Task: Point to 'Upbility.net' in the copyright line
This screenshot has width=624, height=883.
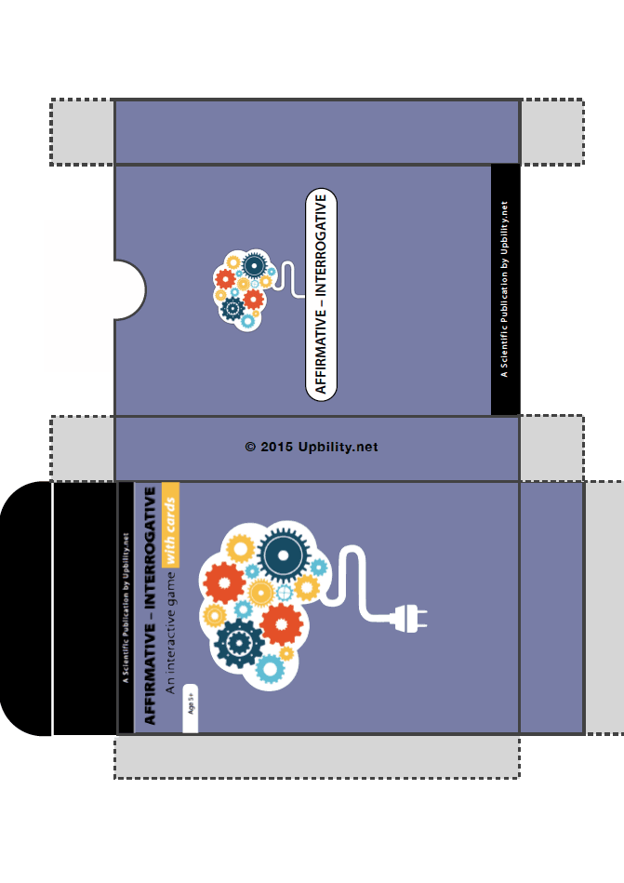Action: (x=338, y=448)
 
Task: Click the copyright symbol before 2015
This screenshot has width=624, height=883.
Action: (x=250, y=448)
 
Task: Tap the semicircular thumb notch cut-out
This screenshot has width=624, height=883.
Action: (x=128, y=290)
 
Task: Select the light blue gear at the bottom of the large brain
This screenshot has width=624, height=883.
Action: (x=270, y=667)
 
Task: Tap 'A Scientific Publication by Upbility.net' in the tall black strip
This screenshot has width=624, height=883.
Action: (x=505, y=289)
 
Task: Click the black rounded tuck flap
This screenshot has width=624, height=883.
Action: (x=25, y=608)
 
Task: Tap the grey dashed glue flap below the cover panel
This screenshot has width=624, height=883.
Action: (x=316, y=756)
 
